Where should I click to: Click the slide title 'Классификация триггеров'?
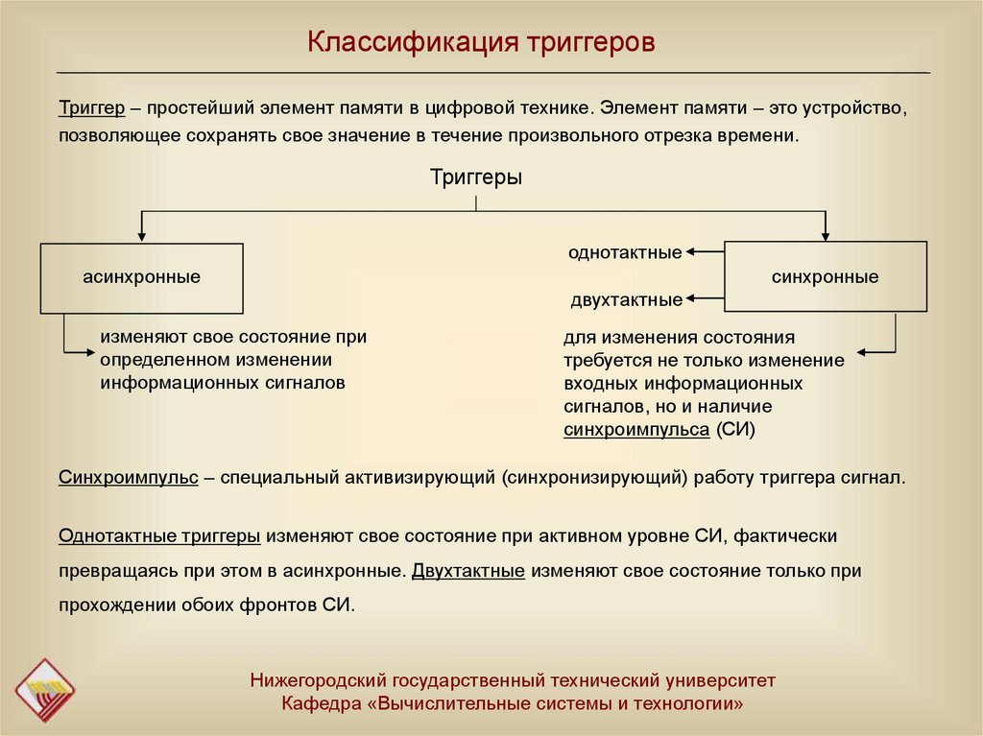(x=481, y=43)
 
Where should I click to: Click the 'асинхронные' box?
(x=141, y=277)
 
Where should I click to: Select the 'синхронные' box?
(x=826, y=277)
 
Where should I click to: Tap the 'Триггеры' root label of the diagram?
(x=476, y=178)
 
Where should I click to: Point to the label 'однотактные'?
(x=624, y=252)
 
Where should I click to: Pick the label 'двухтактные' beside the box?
(x=626, y=300)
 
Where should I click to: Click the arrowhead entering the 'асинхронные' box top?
(x=142, y=236)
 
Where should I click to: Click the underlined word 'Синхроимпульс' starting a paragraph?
(x=128, y=478)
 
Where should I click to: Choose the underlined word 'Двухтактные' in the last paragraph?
(x=468, y=570)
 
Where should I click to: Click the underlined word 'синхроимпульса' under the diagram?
(x=635, y=429)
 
